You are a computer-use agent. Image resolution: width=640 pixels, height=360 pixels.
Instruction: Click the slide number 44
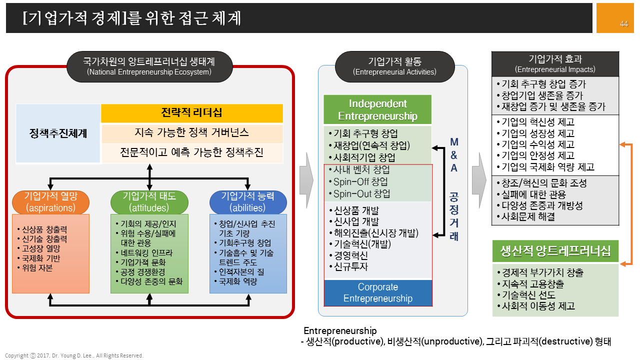coord(623,24)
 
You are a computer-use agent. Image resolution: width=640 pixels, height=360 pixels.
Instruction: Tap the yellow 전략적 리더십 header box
coord(192,113)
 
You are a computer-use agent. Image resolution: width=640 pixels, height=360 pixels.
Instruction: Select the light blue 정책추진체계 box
coord(58,133)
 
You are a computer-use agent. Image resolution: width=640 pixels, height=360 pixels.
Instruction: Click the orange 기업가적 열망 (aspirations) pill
coord(50,202)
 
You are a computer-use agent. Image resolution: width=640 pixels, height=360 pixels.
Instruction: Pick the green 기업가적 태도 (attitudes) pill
coord(149,202)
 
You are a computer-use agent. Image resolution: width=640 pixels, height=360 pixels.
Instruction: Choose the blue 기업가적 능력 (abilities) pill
coord(248,202)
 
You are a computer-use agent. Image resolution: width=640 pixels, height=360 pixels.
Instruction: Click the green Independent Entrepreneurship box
coord(377,110)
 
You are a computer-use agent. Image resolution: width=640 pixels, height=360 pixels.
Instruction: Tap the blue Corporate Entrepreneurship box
coord(377,293)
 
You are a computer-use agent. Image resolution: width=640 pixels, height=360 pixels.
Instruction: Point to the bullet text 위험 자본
coord(36,267)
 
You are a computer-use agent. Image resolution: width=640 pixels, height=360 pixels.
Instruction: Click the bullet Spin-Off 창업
coord(360,182)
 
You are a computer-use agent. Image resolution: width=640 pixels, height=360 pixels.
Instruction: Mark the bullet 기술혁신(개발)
coord(362,244)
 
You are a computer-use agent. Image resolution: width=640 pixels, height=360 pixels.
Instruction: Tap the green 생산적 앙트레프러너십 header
coord(555,251)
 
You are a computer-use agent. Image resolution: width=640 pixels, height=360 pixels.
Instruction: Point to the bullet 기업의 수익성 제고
coord(537,144)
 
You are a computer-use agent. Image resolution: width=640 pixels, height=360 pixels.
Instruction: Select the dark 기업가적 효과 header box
coord(555,63)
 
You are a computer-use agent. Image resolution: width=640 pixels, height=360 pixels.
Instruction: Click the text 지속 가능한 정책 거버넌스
coord(192,133)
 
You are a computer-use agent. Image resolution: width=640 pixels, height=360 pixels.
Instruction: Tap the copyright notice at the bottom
coord(74,355)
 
